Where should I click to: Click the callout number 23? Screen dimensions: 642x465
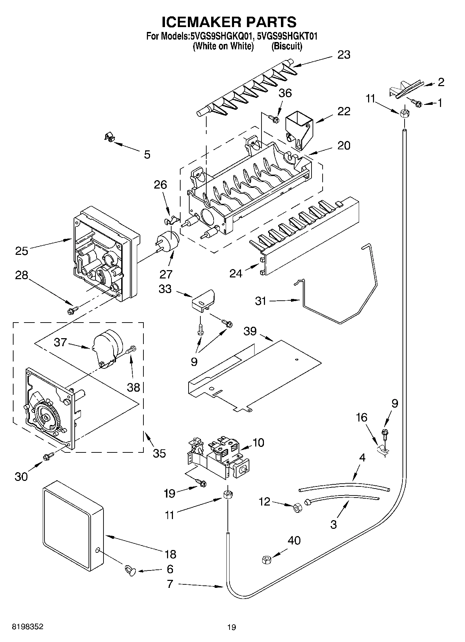(344, 55)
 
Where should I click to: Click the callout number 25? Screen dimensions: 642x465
(22, 250)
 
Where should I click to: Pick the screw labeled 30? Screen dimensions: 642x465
(48, 457)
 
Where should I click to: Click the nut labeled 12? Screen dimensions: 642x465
(298, 508)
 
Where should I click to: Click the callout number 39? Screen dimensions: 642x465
(250, 331)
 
